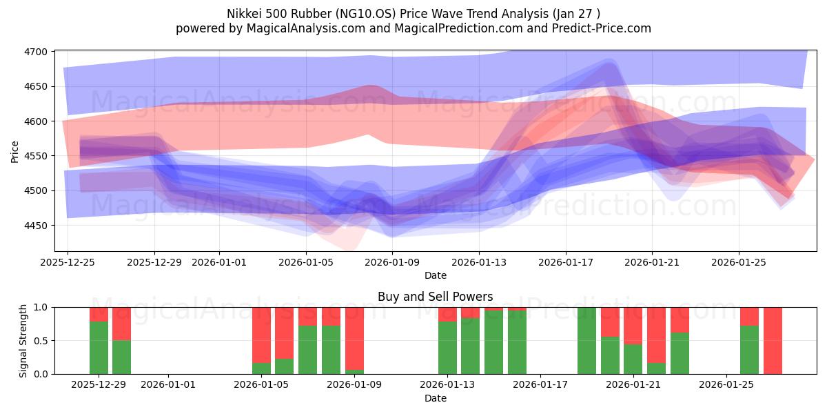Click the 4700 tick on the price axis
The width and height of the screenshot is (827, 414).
(36, 52)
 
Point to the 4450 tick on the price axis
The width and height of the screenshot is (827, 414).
(36, 226)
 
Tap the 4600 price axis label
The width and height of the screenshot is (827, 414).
(36, 121)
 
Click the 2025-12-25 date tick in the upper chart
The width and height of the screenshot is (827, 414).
(68, 262)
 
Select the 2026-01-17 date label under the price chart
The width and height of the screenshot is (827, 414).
(566, 262)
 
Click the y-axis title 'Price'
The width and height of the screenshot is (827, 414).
(14, 151)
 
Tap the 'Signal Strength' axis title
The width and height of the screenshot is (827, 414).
(23, 340)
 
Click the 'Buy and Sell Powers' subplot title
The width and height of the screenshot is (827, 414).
(435, 297)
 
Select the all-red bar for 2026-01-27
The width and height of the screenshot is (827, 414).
(773, 340)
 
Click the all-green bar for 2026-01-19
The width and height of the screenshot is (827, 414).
(586, 340)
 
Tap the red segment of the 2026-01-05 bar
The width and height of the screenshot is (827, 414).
(261, 335)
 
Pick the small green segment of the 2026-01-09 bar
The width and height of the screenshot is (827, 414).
(354, 372)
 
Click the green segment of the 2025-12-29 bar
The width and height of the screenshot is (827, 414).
(99, 348)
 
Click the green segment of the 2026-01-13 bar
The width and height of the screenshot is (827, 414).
(447, 348)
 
